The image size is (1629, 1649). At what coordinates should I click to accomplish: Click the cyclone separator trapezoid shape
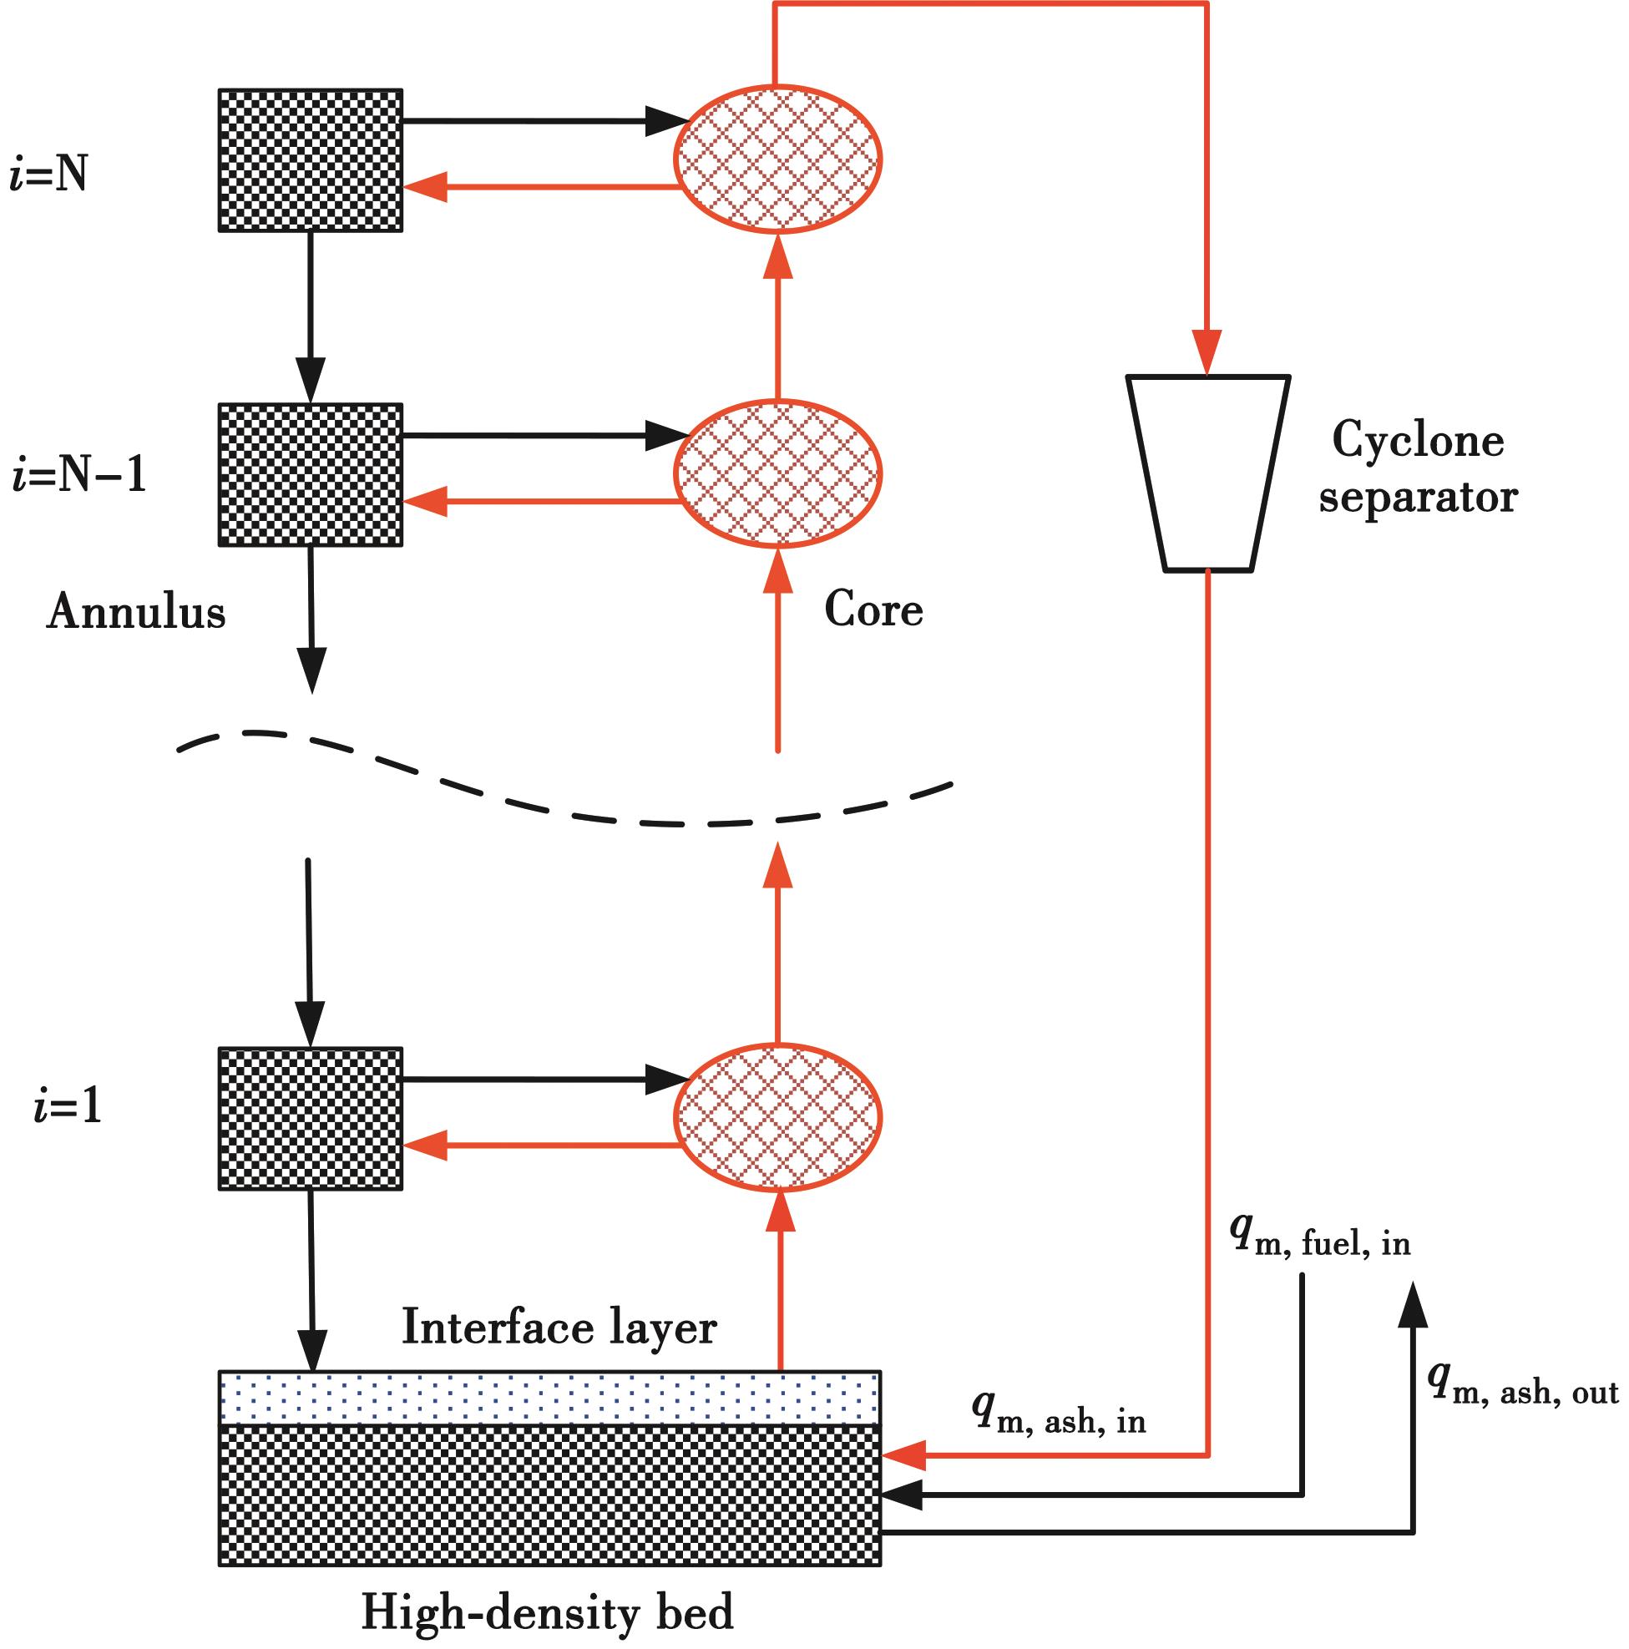(1207, 472)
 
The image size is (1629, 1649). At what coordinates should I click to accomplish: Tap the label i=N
(48, 176)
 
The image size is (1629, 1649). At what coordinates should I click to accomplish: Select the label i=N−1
(79, 474)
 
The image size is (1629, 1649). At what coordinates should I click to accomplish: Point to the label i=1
(68, 1107)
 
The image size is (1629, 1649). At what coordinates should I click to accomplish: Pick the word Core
(873, 610)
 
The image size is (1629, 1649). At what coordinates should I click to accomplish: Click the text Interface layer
(559, 1328)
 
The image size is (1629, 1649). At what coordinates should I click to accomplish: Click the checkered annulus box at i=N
(311, 160)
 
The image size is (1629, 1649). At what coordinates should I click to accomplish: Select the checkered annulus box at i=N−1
(311, 474)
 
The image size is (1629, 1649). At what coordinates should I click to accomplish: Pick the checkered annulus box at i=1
(311, 1118)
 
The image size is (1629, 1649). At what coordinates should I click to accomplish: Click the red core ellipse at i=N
(777, 159)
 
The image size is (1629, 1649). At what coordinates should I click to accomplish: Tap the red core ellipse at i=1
(777, 1117)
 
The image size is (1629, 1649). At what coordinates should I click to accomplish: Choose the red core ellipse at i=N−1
(777, 473)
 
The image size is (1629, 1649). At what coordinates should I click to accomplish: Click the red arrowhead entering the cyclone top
(1207, 353)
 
